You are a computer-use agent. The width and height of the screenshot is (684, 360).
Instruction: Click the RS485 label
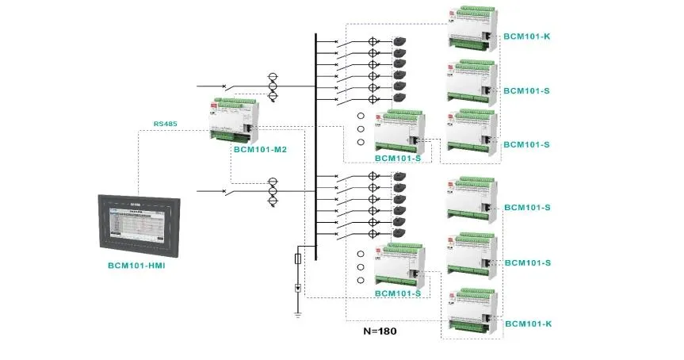click(165, 124)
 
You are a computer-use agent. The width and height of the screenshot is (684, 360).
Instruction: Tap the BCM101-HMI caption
click(142, 266)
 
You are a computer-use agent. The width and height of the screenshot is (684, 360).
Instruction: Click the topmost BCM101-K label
click(527, 36)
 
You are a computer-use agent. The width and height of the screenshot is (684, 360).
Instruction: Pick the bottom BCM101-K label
click(527, 324)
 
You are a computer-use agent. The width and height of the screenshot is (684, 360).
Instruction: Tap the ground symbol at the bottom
click(297, 313)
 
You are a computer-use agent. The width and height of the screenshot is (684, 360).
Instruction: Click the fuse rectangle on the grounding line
click(297, 259)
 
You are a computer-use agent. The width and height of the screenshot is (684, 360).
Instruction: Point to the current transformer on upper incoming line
click(273, 86)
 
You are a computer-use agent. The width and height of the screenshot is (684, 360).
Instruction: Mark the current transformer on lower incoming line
click(273, 191)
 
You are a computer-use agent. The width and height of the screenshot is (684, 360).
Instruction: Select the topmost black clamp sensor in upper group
click(401, 42)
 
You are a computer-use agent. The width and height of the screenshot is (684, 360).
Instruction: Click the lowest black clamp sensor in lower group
click(401, 233)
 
